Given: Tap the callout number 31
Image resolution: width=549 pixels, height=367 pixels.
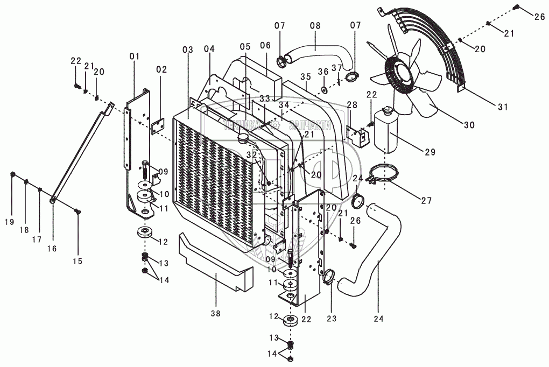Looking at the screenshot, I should point(502,107).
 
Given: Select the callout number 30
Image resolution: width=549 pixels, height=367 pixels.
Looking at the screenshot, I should point(468,125).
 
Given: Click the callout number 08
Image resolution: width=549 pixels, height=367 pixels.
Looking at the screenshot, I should point(315,25).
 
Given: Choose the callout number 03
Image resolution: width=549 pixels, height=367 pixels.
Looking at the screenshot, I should point(187,50).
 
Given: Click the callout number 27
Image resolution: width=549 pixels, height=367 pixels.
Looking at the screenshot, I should point(426,201).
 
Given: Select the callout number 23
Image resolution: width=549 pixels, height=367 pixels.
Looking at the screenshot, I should point(331,318).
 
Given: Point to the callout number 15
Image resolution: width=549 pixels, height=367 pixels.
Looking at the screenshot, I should point(78,262).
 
